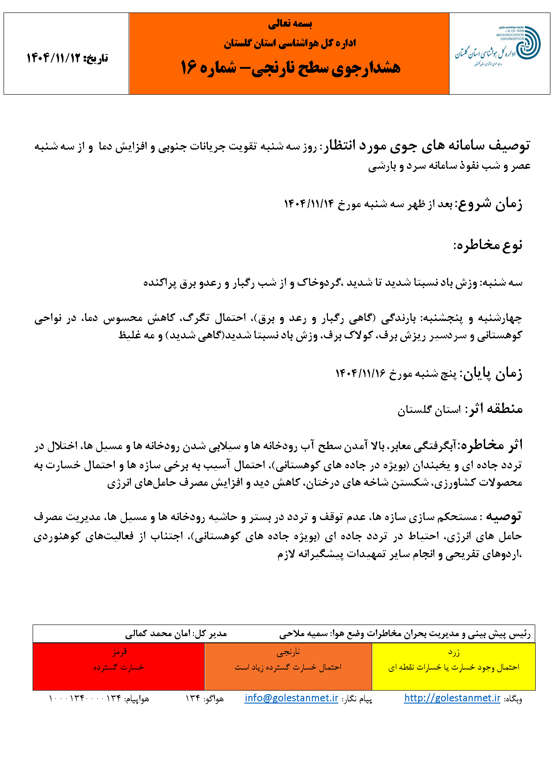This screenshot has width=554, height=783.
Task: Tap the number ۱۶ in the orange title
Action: click(x=189, y=68)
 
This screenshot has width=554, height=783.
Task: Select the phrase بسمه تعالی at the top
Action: click(x=290, y=24)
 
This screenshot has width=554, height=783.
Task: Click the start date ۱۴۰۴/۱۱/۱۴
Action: click(x=309, y=204)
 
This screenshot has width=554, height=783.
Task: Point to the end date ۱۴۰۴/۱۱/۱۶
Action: click(x=361, y=374)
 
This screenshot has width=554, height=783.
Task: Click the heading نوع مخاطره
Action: click(x=488, y=245)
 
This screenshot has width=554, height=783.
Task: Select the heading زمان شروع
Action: click(x=489, y=204)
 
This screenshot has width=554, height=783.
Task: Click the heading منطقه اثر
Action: click(x=494, y=409)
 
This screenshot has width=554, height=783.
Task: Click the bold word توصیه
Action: click(x=504, y=516)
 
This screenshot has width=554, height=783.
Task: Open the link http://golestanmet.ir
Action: click(x=452, y=698)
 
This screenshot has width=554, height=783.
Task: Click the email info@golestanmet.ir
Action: click(x=291, y=698)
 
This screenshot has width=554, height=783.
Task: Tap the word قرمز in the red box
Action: click(x=120, y=652)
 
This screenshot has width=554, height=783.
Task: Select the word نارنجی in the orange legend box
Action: click(x=289, y=652)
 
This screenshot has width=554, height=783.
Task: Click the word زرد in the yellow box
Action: click(x=454, y=652)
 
